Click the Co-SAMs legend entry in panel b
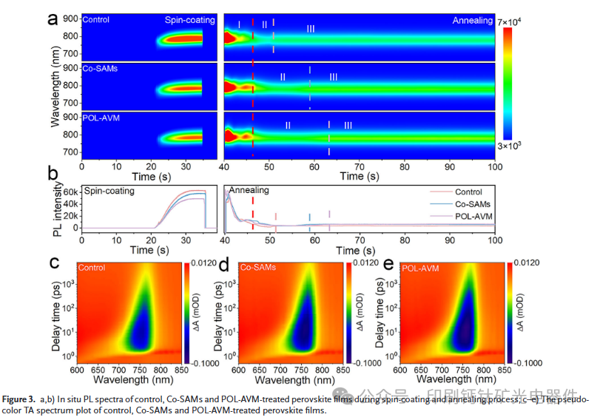coord(465,204)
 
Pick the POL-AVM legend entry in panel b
coord(468,216)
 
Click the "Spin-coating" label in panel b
coord(109,190)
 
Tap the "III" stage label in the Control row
coord(311,29)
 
